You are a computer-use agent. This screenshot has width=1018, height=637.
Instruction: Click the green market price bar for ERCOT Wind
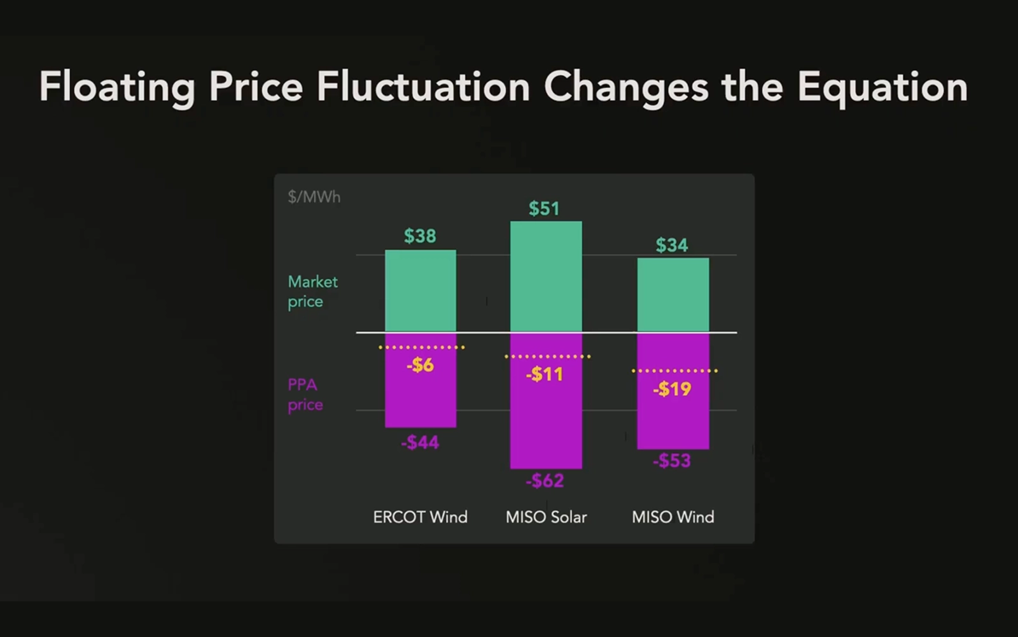[x=420, y=290]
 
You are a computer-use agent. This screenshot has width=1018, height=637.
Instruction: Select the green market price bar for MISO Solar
[x=546, y=276]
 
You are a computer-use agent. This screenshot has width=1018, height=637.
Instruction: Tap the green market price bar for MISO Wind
[x=673, y=294]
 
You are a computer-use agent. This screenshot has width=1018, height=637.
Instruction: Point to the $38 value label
[x=420, y=236]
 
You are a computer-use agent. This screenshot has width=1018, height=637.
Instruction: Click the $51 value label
[x=544, y=208]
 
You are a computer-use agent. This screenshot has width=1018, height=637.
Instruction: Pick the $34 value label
[x=672, y=245]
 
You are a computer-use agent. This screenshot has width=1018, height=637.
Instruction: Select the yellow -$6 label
[x=420, y=365]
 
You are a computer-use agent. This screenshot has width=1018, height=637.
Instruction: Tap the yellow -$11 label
[x=544, y=374]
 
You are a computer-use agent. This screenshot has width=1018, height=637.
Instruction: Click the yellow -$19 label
[x=672, y=389]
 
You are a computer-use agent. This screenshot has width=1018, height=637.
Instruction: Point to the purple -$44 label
[x=420, y=442]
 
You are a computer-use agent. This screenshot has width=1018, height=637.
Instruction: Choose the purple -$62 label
[x=545, y=480]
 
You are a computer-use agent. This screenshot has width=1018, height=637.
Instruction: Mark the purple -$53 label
[x=672, y=461]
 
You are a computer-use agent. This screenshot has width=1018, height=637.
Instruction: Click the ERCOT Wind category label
[x=420, y=517]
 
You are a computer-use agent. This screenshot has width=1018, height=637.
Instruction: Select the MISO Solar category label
[x=546, y=517]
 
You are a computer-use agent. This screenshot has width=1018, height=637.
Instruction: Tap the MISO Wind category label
[x=673, y=517]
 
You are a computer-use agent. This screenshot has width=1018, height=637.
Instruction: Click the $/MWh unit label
[x=314, y=197]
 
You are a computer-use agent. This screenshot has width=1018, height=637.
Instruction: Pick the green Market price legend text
[x=312, y=291]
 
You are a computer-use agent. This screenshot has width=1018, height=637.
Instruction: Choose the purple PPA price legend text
[x=305, y=395]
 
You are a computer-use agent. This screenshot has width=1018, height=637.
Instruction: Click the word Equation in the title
[x=882, y=87]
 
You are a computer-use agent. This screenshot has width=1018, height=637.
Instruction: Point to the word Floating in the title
[x=117, y=87]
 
